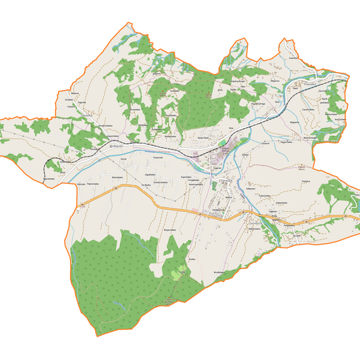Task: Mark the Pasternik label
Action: click(158, 157)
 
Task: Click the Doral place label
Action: click(123, 159)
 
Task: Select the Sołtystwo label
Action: click(251, 189)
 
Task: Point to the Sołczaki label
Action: click(81, 183)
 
